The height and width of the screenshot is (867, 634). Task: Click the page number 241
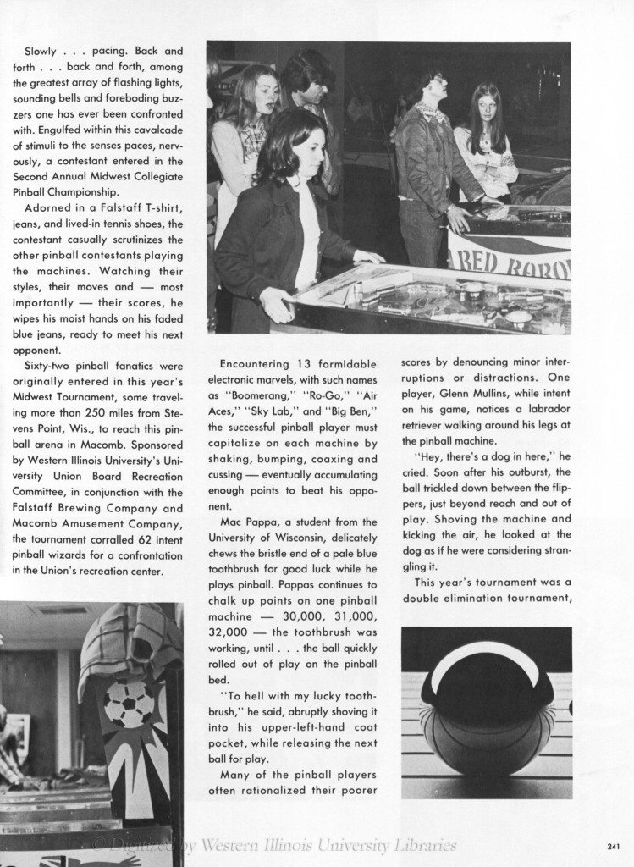(x=615, y=845)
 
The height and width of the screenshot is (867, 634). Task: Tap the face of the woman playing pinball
(x=310, y=152)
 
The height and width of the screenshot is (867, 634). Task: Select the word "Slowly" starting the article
(x=41, y=51)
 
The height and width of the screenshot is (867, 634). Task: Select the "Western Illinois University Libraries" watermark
(x=330, y=845)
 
